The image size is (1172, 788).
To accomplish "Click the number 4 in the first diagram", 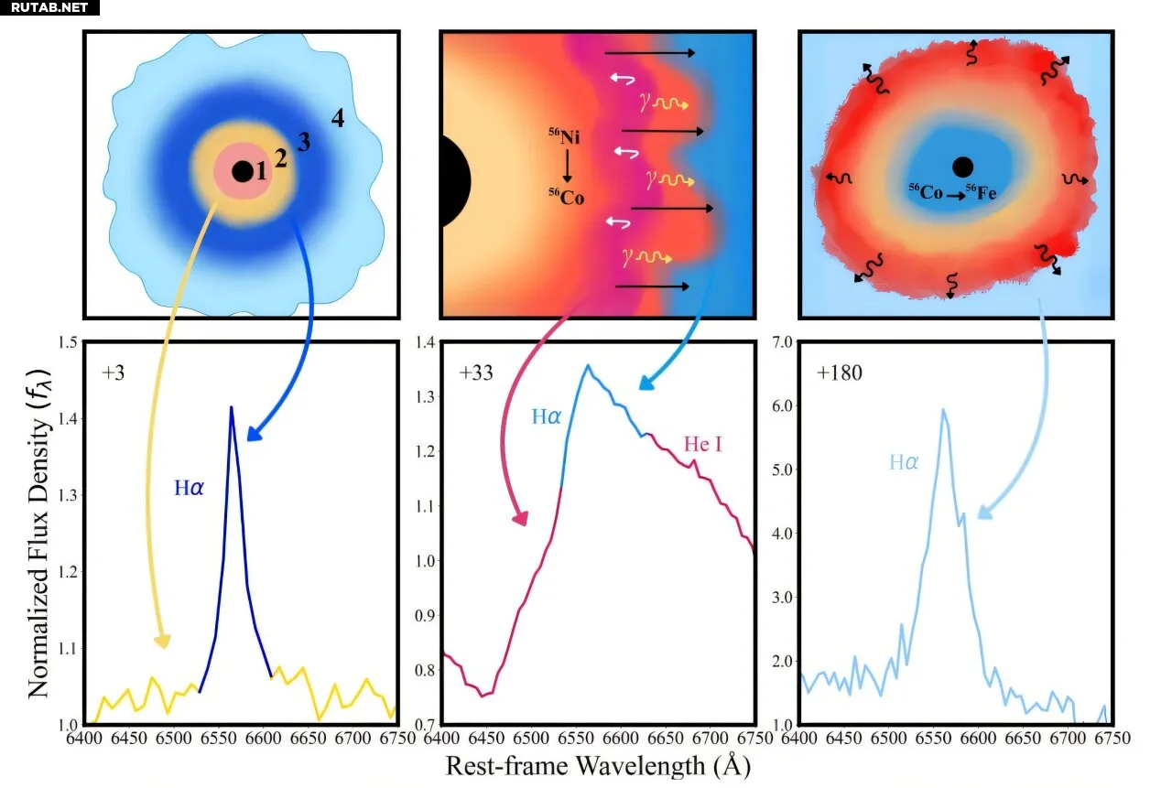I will (337, 118).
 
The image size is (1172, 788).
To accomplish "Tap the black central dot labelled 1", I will (242, 171).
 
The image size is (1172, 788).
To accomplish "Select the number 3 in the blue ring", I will (304, 142).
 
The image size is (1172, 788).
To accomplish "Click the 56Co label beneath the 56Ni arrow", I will (567, 196).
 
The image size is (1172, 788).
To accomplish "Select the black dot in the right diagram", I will (961, 167).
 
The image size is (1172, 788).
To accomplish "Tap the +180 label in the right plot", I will (841, 374).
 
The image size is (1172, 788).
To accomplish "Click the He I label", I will (702, 445).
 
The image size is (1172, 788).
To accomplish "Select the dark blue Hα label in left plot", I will (190, 488).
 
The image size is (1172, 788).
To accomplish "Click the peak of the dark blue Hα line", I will (232, 408).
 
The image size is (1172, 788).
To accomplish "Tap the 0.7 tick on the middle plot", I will (422, 725).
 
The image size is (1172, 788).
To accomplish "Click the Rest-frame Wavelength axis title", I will (598, 764).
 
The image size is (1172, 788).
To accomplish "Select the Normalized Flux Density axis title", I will (38, 534).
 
